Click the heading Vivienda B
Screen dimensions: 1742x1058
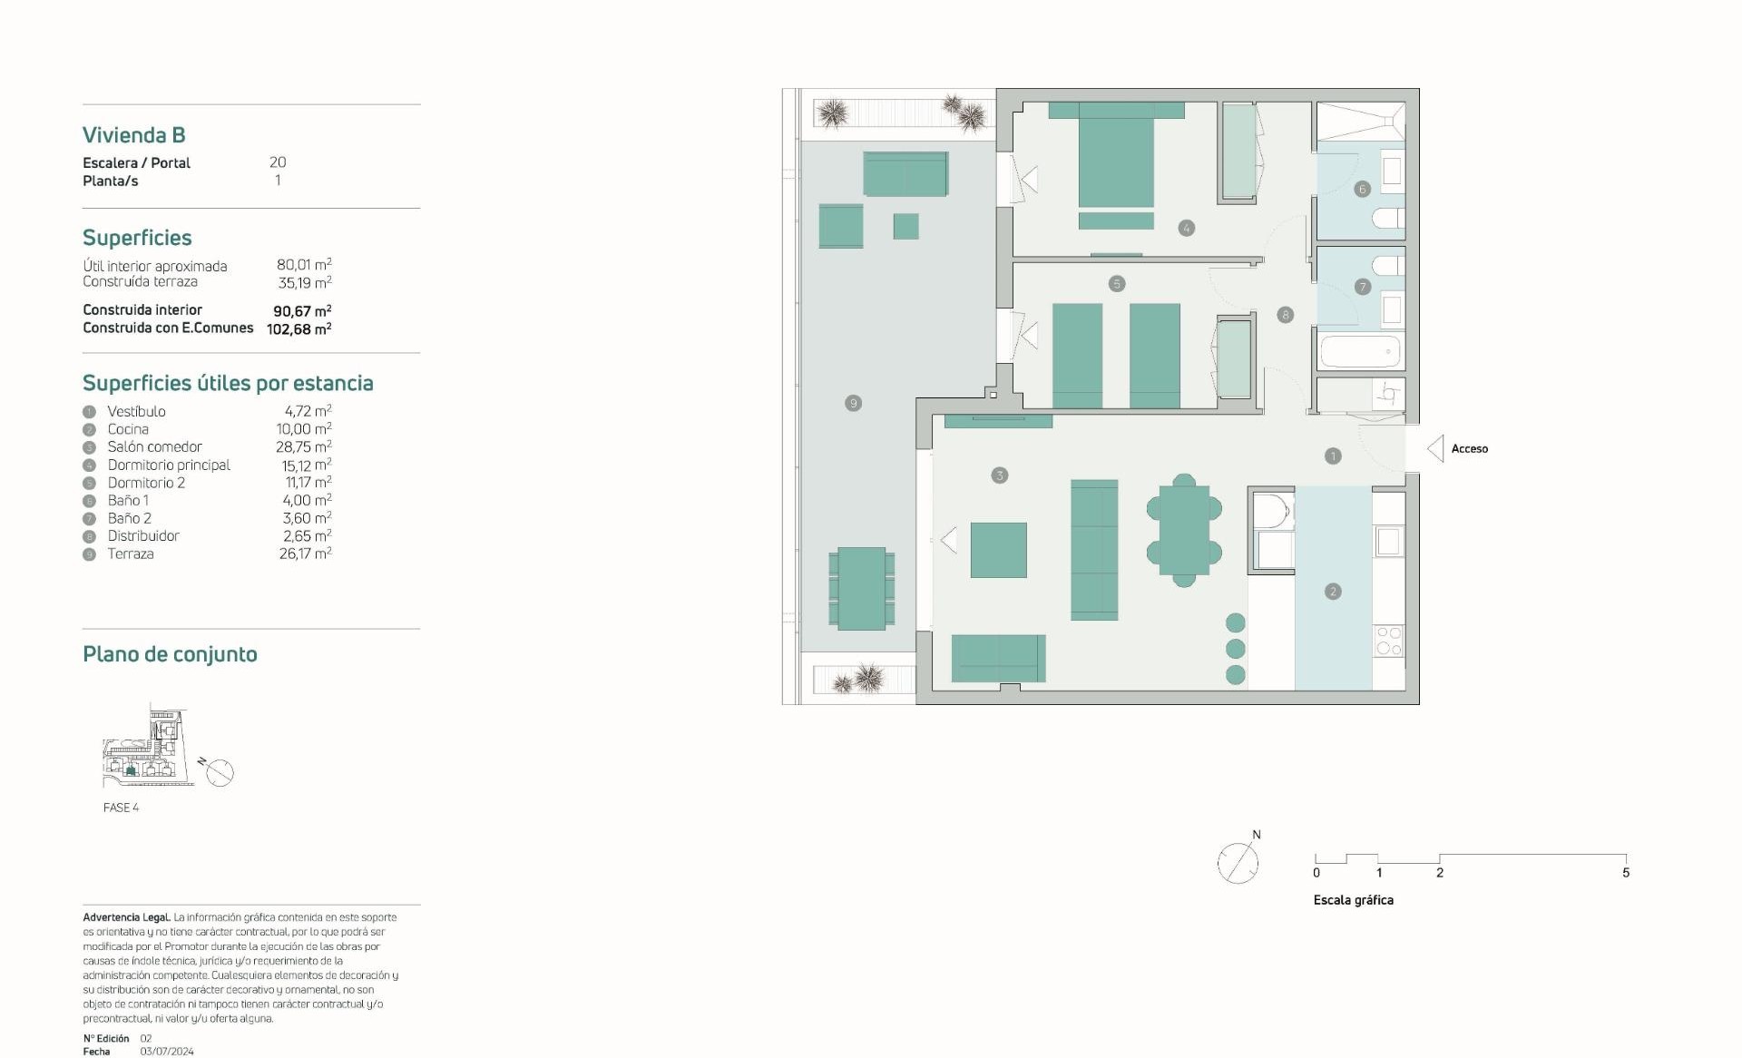134,135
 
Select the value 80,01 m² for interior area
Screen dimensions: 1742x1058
304,264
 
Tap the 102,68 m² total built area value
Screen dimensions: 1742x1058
299,328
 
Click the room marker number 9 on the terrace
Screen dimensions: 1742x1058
853,403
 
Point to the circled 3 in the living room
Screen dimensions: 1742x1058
999,475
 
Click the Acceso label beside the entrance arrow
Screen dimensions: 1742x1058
1469,449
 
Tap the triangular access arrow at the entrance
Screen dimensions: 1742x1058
1435,449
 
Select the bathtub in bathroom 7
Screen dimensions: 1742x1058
1361,351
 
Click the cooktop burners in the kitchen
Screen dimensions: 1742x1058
1389,640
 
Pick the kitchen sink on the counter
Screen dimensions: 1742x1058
1389,542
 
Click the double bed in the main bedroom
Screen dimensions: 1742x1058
1116,154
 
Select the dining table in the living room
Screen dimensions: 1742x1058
1184,530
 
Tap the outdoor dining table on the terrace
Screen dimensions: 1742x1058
861,588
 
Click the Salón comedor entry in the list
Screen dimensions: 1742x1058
154,446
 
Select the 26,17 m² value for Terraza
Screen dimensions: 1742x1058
305,553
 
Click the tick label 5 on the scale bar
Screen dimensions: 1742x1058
1626,873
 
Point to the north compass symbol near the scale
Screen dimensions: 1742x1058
1238,861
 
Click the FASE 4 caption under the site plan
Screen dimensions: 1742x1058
121,808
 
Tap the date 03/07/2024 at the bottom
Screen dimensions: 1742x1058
167,1052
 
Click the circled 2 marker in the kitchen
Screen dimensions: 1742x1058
1333,592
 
